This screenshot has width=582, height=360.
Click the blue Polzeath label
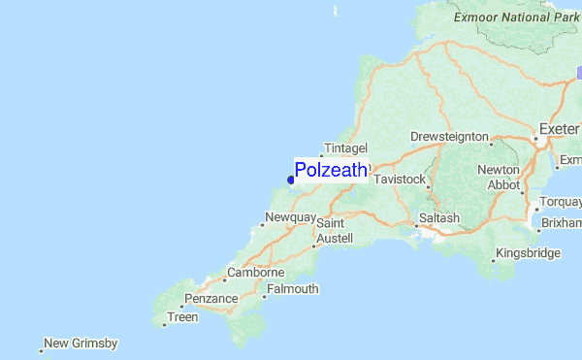point(331,171)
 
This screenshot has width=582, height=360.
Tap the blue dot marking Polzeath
point(291,180)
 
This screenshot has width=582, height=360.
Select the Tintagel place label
point(345,147)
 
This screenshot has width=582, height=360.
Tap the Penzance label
point(210,299)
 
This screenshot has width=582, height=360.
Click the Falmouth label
point(292,289)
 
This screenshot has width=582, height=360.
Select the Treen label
point(182,317)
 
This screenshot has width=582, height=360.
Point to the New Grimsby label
point(81,344)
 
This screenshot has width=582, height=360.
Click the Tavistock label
point(400,180)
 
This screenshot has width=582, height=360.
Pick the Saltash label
point(439,218)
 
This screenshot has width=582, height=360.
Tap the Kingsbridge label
point(528,253)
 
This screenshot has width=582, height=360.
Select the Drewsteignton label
point(449,137)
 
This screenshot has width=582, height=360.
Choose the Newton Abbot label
point(499,177)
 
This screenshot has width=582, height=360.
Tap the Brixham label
point(562,222)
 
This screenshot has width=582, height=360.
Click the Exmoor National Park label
point(515,17)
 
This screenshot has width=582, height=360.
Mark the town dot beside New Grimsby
point(42,349)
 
